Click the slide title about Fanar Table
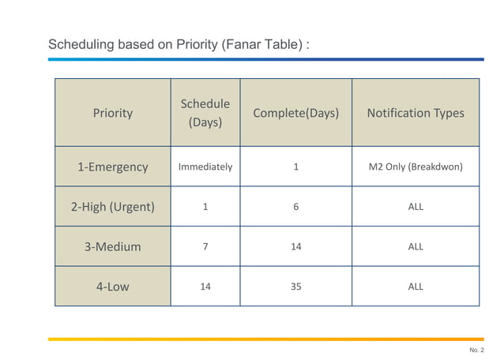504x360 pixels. click(x=179, y=44)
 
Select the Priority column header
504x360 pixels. click(x=113, y=113)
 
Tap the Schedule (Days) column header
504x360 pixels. click(x=205, y=113)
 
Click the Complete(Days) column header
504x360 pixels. click(x=295, y=113)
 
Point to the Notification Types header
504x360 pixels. click(x=416, y=113)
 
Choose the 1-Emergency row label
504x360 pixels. click(x=113, y=167)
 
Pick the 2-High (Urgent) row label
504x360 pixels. click(x=113, y=207)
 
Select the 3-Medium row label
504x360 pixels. click(x=113, y=246)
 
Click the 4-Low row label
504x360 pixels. click(x=113, y=287)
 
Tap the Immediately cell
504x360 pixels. click(x=205, y=167)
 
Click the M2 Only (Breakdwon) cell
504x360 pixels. click(x=416, y=167)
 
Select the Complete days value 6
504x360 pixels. click(x=295, y=207)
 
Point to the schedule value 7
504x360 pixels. click(x=205, y=246)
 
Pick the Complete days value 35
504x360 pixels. click(x=295, y=287)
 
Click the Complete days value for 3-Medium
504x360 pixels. click(x=295, y=246)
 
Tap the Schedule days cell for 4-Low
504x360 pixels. click(x=205, y=287)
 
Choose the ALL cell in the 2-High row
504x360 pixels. click(x=416, y=207)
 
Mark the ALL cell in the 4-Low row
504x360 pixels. click(x=416, y=287)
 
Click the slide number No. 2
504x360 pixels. click(x=476, y=350)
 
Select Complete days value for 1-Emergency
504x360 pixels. click(x=295, y=167)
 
